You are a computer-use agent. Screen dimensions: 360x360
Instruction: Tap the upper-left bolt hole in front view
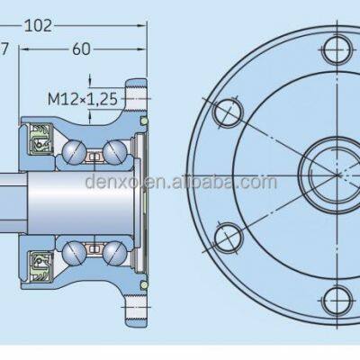click(225, 112)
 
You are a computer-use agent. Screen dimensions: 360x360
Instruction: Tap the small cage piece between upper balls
click(94, 158)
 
